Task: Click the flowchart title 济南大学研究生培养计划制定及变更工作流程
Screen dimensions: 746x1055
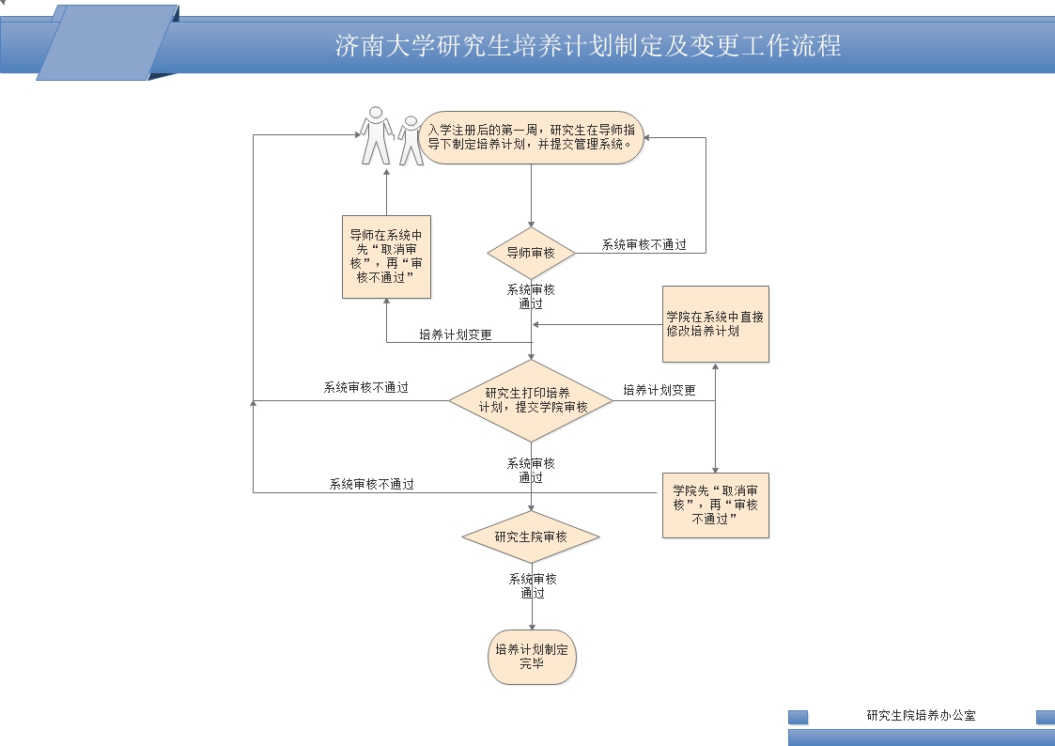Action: click(x=588, y=46)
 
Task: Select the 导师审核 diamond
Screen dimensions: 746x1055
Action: click(x=531, y=253)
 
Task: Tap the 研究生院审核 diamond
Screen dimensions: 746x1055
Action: click(x=531, y=536)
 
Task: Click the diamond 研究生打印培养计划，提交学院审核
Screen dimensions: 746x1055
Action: click(x=531, y=400)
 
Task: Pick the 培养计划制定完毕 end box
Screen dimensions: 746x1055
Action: click(x=532, y=657)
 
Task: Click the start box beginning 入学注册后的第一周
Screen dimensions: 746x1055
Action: click(x=532, y=138)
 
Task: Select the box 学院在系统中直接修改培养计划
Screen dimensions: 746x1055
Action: click(x=715, y=324)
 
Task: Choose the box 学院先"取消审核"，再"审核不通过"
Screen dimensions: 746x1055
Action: click(x=715, y=505)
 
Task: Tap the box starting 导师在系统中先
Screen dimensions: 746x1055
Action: click(x=385, y=256)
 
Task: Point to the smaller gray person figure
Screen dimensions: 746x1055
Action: click(x=410, y=141)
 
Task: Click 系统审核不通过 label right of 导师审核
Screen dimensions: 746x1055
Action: click(x=644, y=244)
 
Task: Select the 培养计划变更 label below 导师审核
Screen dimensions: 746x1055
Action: click(x=456, y=334)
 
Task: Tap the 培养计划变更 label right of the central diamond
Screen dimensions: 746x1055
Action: click(x=659, y=390)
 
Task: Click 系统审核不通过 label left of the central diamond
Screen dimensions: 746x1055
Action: click(x=366, y=387)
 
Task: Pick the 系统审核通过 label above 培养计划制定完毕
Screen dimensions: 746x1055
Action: click(x=533, y=585)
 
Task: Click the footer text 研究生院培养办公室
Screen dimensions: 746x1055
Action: click(x=921, y=716)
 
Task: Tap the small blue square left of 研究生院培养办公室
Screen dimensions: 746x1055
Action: click(x=798, y=717)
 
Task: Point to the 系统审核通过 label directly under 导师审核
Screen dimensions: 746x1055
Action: click(x=531, y=296)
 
